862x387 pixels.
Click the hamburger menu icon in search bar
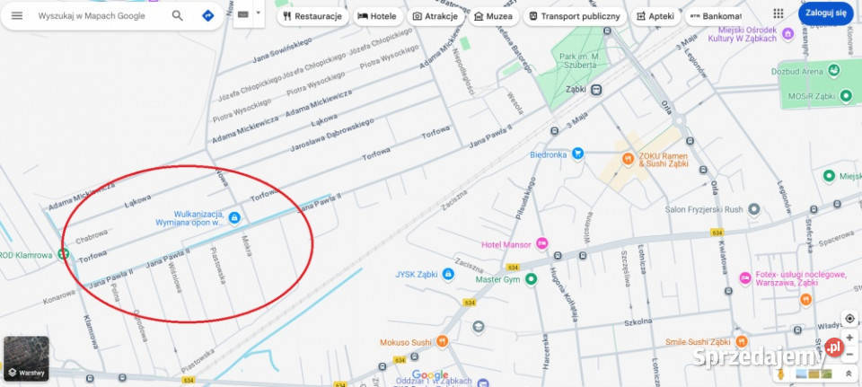pyautogui.click(x=17, y=15)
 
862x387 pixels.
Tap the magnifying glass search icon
pyautogui.click(x=178, y=15)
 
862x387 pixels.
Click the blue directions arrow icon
pyautogui.click(x=208, y=15)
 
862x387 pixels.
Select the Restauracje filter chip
pyautogui.click(x=311, y=16)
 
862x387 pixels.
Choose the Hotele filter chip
pyautogui.click(x=376, y=16)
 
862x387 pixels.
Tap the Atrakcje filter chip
pyautogui.click(x=435, y=16)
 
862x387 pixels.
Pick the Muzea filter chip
pyautogui.click(x=493, y=16)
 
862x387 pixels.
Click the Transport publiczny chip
pyautogui.click(x=574, y=16)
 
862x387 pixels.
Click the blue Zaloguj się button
pyautogui.click(x=825, y=13)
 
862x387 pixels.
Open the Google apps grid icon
pyautogui.click(x=778, y=13)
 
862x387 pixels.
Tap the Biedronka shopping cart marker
pyautogui.click(x=578, y=154)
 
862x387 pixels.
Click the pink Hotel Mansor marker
pyautogui.click(x=541, y=243)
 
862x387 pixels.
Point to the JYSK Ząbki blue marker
pyautogui.click(x=448, y=274)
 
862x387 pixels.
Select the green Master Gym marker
pyautogui.click(x=531, y=279)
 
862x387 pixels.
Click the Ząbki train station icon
pyautogui.click(x=597, y=90)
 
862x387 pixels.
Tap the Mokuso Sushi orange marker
pyautogui.click(x=441, y=342)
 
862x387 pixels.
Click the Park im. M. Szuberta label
pyautogui.click(x=579, y=60)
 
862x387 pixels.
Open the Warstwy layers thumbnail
pyautogui.click(x=26, y=358)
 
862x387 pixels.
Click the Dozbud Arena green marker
pyautogui.click(x=834, y=69)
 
